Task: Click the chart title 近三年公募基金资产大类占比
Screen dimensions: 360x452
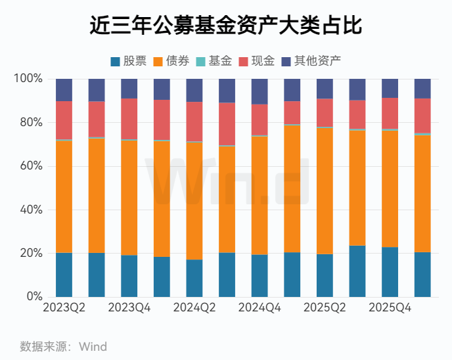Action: (x=226, y=26)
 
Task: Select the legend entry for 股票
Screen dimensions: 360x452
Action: (x=129, y=61)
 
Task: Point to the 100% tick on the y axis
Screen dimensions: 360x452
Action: (x=28, y=79)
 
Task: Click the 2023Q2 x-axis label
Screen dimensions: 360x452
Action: (x=64, y=308)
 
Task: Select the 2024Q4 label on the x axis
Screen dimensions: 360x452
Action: (x=260, y=308)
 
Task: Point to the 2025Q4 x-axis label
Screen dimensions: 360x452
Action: (x=390, y=308)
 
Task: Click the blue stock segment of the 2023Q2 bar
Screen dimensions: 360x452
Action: (x=64, y=275)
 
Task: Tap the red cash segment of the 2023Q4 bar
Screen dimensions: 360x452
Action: (x=129, y=118)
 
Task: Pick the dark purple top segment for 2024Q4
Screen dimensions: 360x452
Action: (x=260, y=91)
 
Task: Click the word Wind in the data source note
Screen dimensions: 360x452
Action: (x=93, y=346)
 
